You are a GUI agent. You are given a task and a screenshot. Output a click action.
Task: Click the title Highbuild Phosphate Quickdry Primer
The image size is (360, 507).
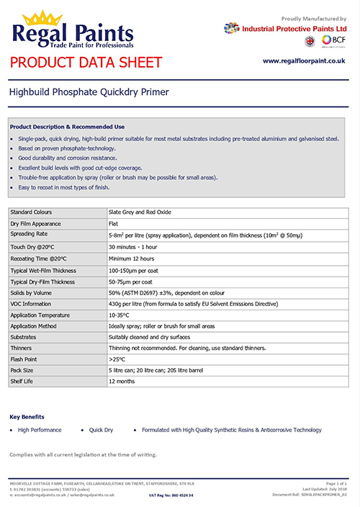click(x=89, y=92)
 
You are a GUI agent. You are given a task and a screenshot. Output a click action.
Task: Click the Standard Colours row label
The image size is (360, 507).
click(x=31, y=212)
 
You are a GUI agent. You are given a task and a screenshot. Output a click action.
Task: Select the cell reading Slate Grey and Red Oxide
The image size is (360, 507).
click(x=140, y=212)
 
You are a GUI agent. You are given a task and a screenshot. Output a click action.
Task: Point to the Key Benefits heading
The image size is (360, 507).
click(x=27, y=416)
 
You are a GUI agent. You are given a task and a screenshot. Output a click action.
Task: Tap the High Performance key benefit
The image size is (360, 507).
click(x=40, y=430)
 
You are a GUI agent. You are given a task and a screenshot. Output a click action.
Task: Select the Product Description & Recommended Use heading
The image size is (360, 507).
click(x=67, y=125)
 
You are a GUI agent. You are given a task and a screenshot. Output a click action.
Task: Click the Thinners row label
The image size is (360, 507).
click(x=21, y=346)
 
